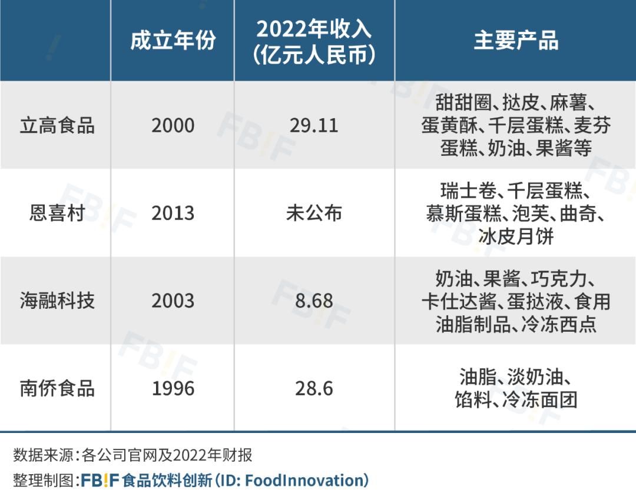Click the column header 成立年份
coord(173,41)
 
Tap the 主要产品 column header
coord(516,41)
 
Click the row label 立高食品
coord(57,125)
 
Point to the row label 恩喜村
coord(57,213)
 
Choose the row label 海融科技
coord(57,301)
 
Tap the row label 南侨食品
coord(57,388)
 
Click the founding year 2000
coord(173,125)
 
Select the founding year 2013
coord(173,213)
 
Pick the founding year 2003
coord(173,301)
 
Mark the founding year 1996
coord(173,389)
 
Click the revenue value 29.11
coord(314,125)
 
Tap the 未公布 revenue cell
coord(314,213)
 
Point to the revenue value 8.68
coord(314,301)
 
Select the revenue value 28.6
coord(314,389)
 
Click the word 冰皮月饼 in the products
coord(516,236)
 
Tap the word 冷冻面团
coord(540,400)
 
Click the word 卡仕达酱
coord(459,301)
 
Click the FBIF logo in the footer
coord(100,480)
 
